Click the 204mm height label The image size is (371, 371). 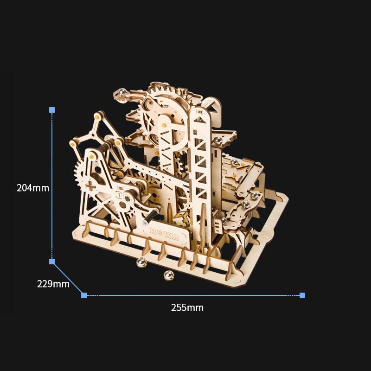[x=32, y=188]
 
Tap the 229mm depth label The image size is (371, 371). [x=53, y=284]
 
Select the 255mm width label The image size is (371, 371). [x=187, y=307]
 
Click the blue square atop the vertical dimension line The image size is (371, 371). [x=52, y=110]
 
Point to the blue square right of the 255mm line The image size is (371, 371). [x=302, y=295]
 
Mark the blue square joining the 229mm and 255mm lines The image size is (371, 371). [x=84, y=295]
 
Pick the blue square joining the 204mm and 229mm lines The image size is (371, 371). [x=52, y=262]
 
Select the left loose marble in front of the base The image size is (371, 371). [x=141, y=263]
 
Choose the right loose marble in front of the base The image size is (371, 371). [x=168, y=276]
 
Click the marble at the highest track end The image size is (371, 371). [x=122, y=92]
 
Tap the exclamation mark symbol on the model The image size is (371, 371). [x=119, y=195]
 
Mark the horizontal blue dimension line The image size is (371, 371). [x=193, y=295]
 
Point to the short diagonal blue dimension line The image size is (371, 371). [x=68, y=278]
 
